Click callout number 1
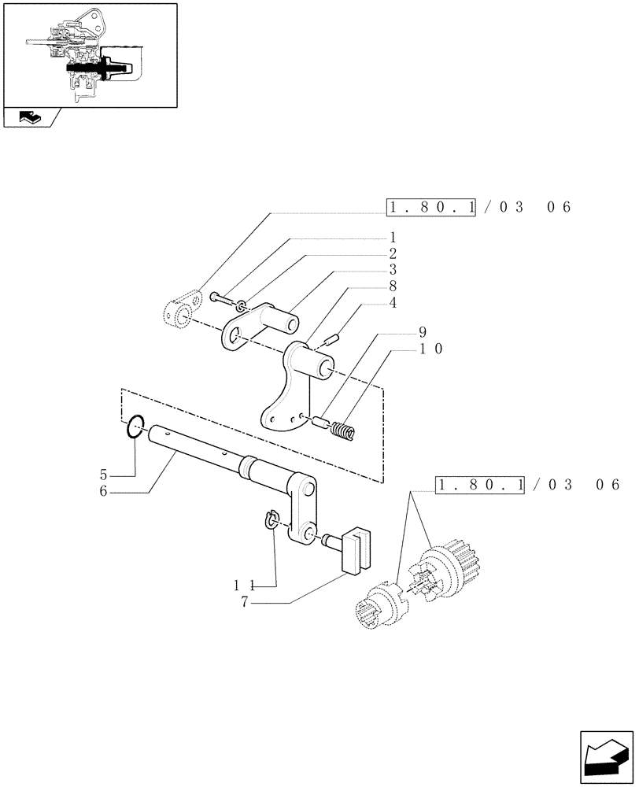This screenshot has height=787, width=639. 392,237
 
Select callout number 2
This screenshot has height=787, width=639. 392,253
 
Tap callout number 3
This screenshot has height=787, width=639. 392,270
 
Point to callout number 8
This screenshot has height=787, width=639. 392,286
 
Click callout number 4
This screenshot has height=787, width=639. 392,303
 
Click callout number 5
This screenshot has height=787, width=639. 104,475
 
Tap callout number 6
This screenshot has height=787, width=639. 104,492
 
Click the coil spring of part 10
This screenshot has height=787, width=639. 344,430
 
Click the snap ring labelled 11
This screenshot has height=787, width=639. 271,520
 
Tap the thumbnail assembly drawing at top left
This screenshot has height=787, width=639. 89,54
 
